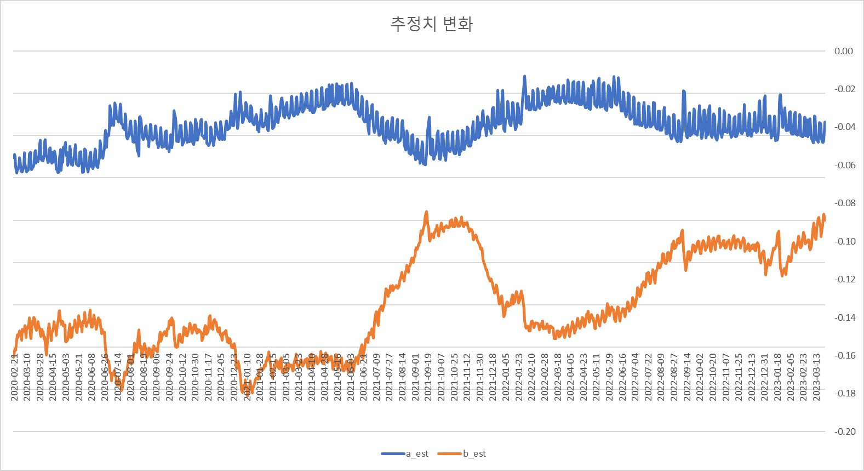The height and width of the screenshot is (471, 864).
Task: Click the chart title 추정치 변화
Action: pos(431,24)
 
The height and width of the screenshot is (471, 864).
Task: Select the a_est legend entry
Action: pos(416,453)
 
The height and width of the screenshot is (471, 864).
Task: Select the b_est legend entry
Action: pos(474,453)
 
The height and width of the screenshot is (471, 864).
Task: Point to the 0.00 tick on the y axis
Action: pos(843,51)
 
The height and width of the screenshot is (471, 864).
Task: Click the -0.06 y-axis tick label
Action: pos(844,165)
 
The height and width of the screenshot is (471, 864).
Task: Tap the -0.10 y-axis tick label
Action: pos(844,241)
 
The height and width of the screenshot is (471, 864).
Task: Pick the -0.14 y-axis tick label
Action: pos(844,317)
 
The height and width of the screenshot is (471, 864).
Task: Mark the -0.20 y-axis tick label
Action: pos(844,432)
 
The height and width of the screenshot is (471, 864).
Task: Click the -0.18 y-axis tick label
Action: pos(844,393)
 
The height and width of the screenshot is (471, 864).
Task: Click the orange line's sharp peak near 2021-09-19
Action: pos(426,212)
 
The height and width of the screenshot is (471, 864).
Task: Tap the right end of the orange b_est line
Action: pos(824,219)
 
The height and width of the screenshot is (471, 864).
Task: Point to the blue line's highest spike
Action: pos(524,76)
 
